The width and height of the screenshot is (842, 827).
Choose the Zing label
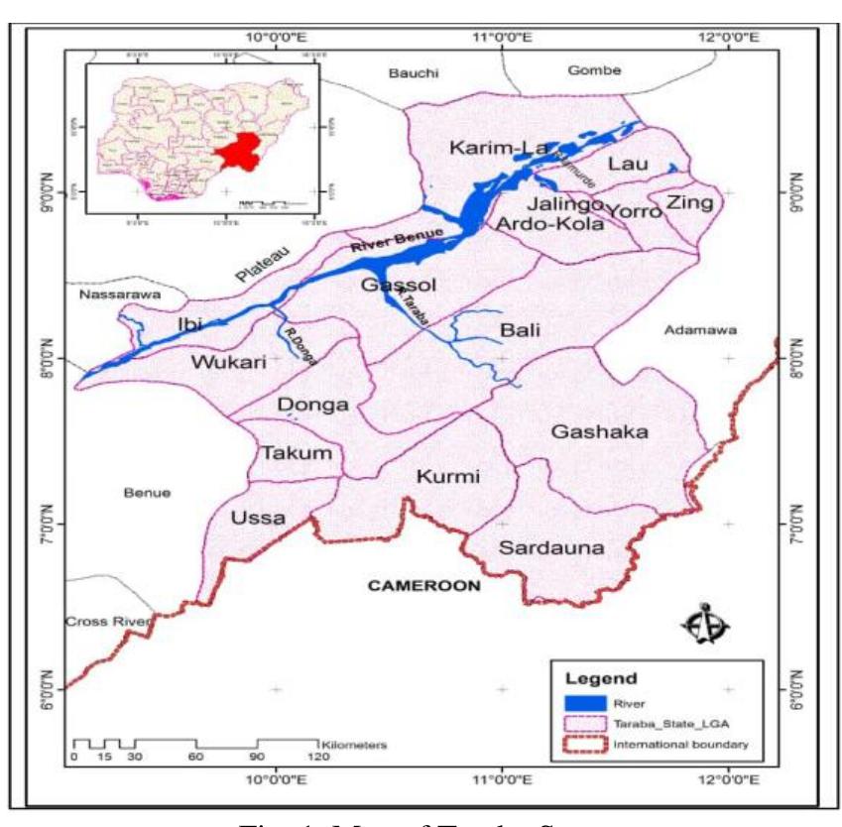(x=689, y=202)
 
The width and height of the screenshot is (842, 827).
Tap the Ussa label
(x=258, y=518)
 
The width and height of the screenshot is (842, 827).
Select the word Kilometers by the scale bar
(x=353, y=743)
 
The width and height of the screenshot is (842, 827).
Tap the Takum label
(x=288, y=453)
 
